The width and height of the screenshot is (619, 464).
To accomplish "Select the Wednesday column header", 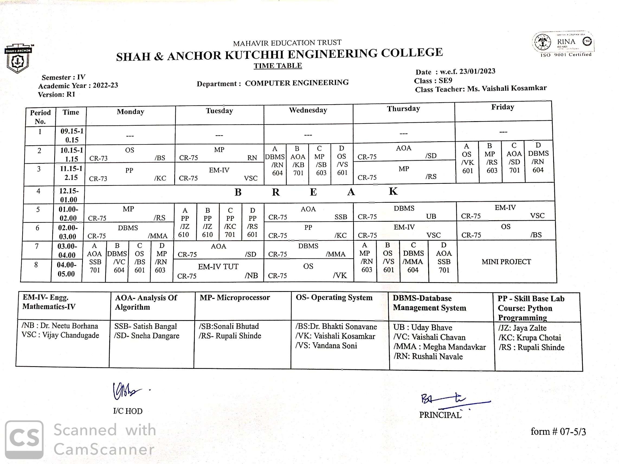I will (x=308, y=110).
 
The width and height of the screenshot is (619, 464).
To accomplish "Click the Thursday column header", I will (x=403, y=109).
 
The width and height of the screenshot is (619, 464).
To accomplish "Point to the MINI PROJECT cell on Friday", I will (x=506, y=262).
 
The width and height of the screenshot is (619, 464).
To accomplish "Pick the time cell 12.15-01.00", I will (x=69, y=195).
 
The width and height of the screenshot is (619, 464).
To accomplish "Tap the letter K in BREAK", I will (x=393, y=191).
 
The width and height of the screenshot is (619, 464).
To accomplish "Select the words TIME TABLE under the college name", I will (x=278, y=66).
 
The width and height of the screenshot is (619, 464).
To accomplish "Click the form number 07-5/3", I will (x=558, y=431).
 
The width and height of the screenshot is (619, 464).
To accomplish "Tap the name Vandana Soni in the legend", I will (x=334, y=346).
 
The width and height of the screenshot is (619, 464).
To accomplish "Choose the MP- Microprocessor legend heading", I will (x=234, y=298).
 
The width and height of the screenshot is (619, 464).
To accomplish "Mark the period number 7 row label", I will (x=37, y=246).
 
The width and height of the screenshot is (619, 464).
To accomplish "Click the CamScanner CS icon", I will (x=24, y=439).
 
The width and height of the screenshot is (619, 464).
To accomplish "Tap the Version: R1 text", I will (x=57, y=94).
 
